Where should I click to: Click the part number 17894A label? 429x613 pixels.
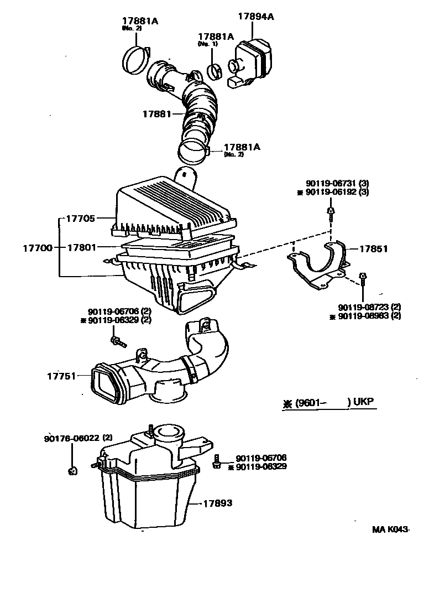coord(256,17)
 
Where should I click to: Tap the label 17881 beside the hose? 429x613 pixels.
coord(156,113)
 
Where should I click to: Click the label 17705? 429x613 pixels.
coord(82,219)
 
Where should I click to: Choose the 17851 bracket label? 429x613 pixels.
coord(374,249)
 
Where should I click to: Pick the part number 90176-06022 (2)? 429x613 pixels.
coord(79,438)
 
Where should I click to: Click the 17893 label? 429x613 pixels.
coord(217,503)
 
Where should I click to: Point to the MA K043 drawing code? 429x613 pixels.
coord(390,529)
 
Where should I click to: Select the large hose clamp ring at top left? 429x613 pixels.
coord(134,59)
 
